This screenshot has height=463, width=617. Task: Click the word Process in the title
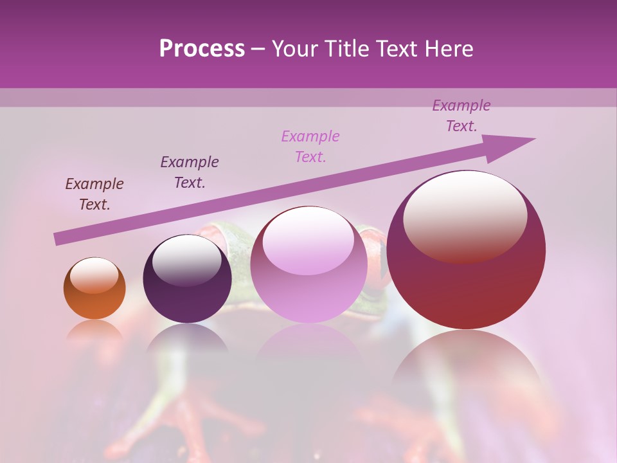click(202, 49)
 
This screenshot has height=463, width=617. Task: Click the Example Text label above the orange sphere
click(94, 194)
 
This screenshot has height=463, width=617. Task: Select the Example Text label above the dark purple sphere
click(190, 172)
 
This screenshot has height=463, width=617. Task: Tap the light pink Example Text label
click(310, 147)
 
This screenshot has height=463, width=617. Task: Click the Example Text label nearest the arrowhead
click(461, 116)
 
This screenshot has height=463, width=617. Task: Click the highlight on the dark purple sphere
click(186, 259)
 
